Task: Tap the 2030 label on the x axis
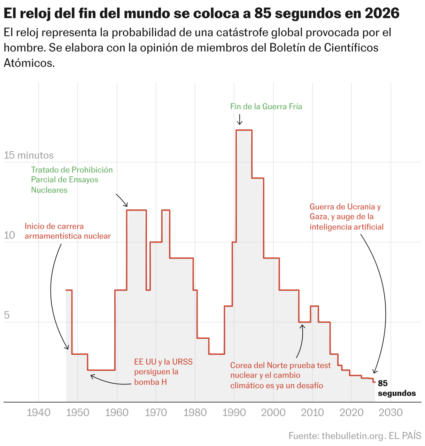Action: (x=391, y=413)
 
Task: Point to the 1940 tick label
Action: (x=38, y=413)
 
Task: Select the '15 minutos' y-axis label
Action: (x=29, y=155)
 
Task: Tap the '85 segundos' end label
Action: (x=396, y=388)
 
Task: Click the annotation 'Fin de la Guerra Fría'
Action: (x=266, y=106)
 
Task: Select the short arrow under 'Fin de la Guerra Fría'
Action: (x=239, y=119)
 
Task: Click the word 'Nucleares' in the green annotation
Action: (x=49, y=190)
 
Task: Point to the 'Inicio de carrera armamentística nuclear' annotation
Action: (x=68, y=231)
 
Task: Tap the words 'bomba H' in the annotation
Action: (x=150, y=382)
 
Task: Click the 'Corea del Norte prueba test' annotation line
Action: (x=280, y=365)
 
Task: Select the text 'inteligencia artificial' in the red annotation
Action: (x=346, y=227)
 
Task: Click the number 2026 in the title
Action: (x=382, y=14)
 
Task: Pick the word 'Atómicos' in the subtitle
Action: (x=29, y=63)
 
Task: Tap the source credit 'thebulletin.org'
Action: (x=353, y=436)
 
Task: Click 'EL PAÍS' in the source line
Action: (x=405, y=436)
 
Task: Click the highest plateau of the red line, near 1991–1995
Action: (x=244, y=130)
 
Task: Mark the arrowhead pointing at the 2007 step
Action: (x=302, y=326)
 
